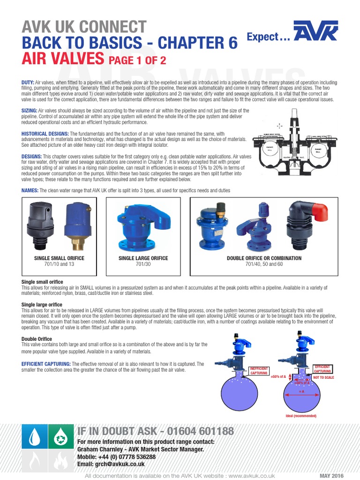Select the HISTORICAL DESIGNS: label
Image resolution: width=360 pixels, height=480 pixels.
click(x=45, y=133)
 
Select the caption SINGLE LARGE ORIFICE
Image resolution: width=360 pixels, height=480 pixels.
click(x=143, y=258)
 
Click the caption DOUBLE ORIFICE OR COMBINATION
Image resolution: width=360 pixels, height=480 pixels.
click(x=264, y=258)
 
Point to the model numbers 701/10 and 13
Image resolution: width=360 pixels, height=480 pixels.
click(x=54, y=264)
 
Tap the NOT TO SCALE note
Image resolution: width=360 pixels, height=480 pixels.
click(x=323, y=377)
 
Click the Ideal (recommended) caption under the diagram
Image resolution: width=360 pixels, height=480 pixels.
click(x=301, y=416)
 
